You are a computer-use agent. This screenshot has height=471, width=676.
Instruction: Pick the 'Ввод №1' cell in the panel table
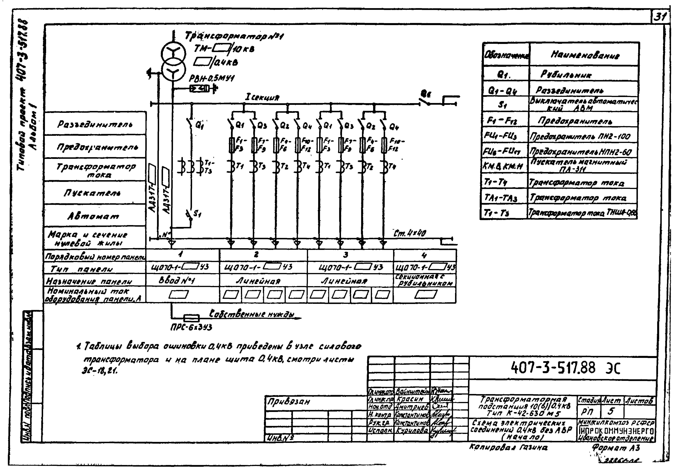(177, 280)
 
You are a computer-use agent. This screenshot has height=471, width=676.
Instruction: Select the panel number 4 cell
(424, 255)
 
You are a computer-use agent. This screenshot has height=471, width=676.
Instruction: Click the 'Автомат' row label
(94, 216)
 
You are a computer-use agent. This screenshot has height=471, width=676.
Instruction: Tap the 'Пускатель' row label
(92, 193)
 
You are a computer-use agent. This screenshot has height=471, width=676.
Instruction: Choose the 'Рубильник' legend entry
(566, 74)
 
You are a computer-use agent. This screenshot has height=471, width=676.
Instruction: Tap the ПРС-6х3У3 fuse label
(191, 327)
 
